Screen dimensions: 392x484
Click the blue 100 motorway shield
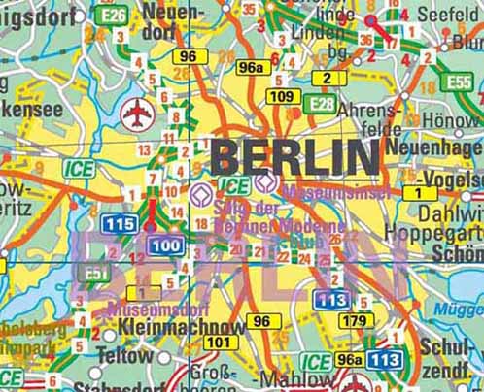(165, 245)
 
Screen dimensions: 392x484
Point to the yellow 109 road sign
(282, 96)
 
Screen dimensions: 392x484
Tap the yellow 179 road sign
(356, 320)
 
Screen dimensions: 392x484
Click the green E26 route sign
(114, 15)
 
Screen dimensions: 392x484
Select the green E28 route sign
(319, 103)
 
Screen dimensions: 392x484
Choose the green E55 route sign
(458, 82)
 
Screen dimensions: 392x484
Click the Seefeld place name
(449, 16)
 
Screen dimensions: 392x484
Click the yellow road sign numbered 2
(328, 78)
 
